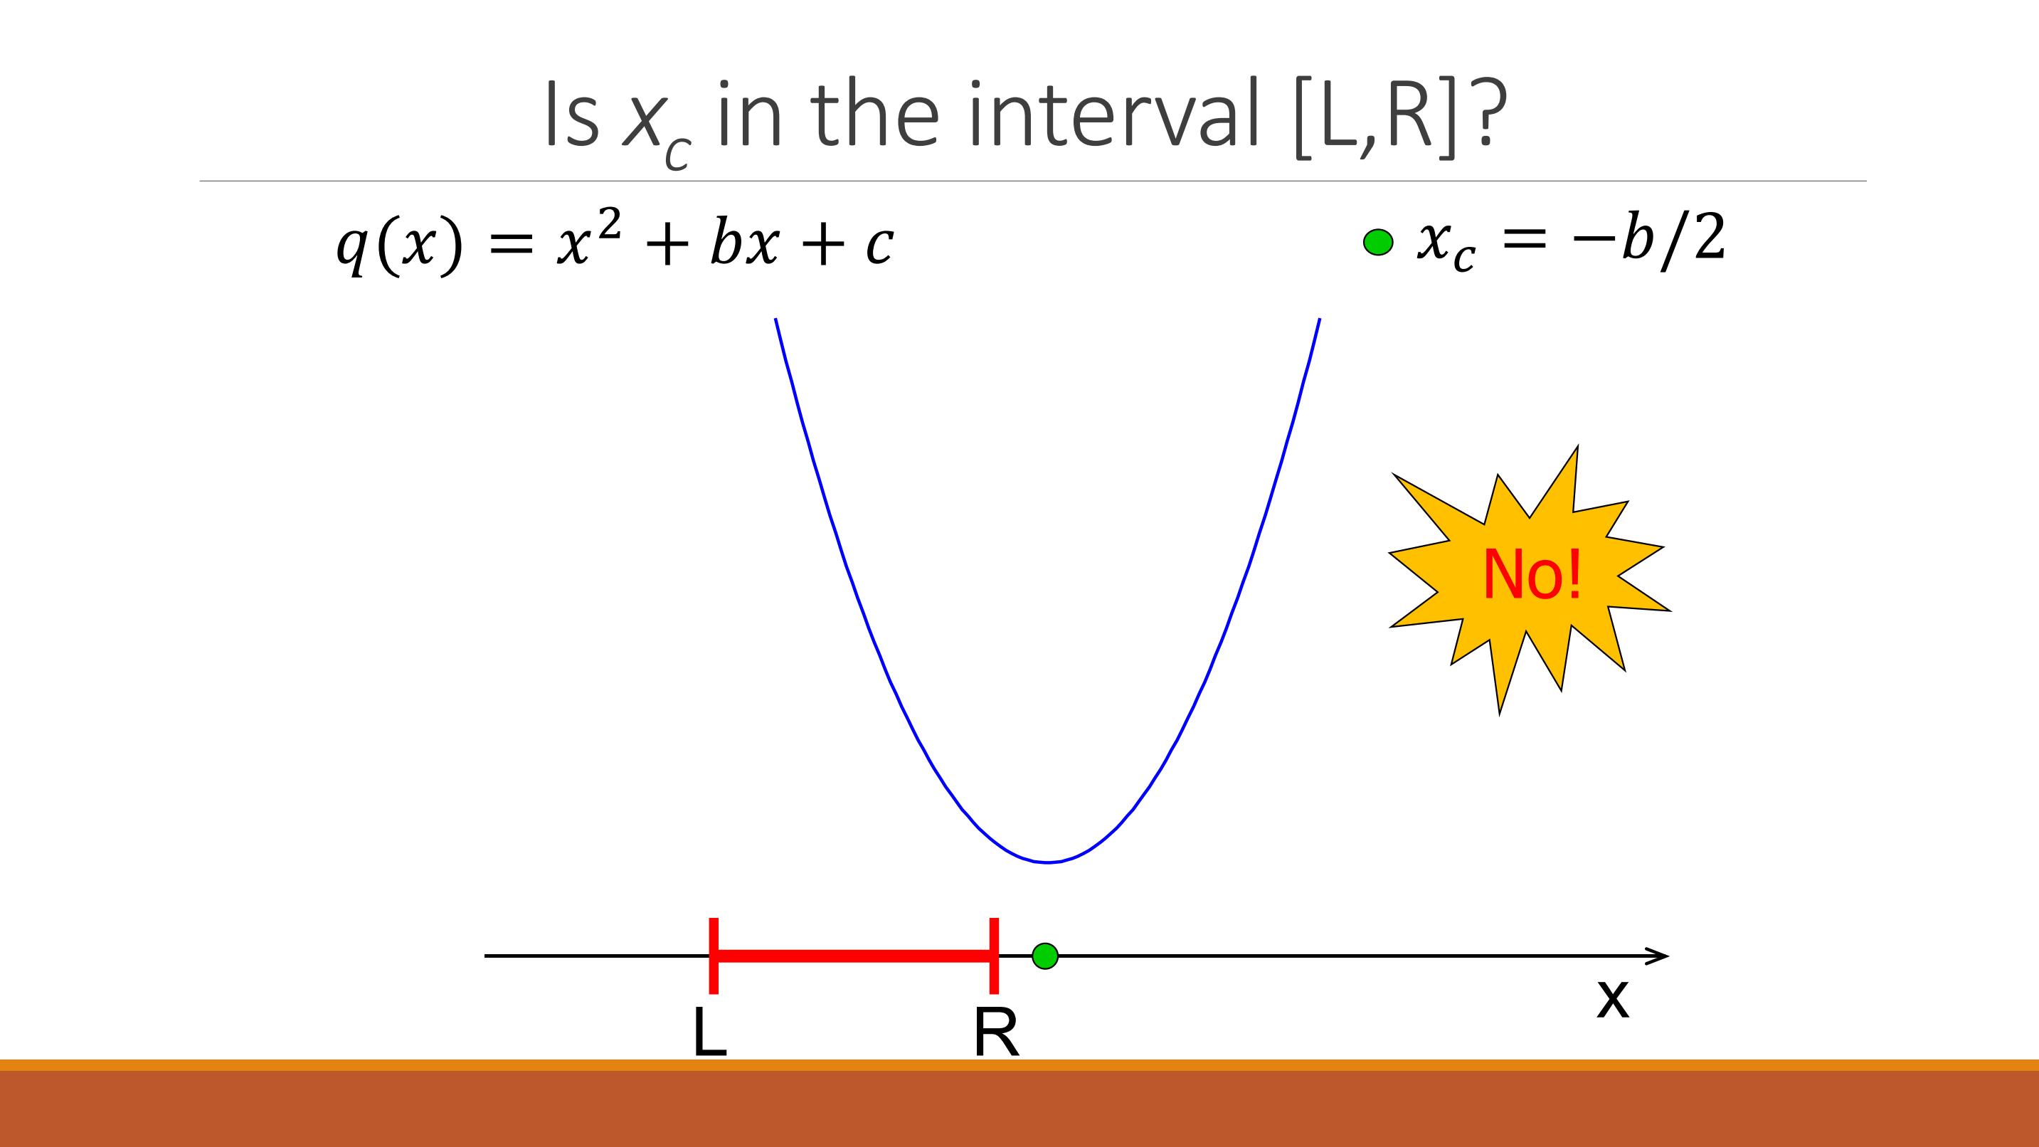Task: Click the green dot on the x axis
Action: coord(1045,956)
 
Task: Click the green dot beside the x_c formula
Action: coord(1378,242)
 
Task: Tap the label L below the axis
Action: coord(709,1032)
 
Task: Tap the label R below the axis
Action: coord(997,1032)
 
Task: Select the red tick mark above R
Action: coord(994,956)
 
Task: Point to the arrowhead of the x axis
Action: coord(1668,956)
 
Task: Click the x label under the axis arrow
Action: coord(1612,1000)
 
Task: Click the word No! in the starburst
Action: coord(1532,574)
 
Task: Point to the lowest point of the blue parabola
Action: coord(1047,862)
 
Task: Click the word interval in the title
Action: coord(1113,115)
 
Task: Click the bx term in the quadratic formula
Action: coord(745,240)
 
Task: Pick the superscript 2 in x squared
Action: coord(609,225)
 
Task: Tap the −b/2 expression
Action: coord(1648,239)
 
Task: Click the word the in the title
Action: coord(874,115)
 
